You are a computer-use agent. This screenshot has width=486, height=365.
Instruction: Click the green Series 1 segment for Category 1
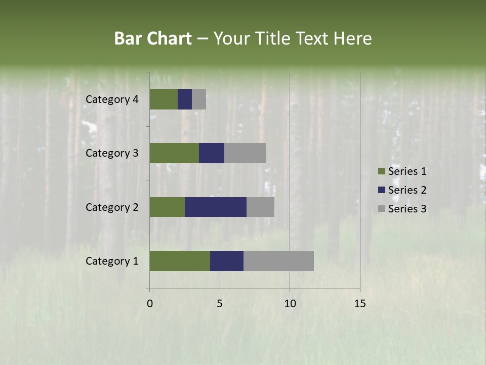tap(180, 261)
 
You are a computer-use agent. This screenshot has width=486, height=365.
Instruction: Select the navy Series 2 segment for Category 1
tap(227, 261)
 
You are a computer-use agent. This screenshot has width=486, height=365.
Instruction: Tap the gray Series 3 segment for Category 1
tap(278, 261)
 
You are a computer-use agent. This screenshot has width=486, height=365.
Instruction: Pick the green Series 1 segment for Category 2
tap(167, 207)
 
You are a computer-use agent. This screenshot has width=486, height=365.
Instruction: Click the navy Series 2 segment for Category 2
tap(216, 207)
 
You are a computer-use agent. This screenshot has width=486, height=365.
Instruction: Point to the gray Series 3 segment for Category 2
tap(260, 207)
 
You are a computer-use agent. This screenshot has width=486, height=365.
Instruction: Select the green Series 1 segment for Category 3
tap(174, 153)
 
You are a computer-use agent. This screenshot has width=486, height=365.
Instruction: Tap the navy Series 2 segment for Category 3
tap(212, 153)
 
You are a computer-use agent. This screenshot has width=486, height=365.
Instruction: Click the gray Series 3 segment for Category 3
tap(245, 153)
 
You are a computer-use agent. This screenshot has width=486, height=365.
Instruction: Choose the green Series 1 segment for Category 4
tap(164, 99)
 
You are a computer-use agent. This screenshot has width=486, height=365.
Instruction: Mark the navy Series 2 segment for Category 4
tap(185, 99)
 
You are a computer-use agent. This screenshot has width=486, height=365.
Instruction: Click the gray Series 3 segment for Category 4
tap(199, 99)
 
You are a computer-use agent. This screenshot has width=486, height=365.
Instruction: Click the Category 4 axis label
tap(112, 99)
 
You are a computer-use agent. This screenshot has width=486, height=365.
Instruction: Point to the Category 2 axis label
tap(112, 207)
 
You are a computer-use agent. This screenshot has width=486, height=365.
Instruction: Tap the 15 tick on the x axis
tap(359, 304)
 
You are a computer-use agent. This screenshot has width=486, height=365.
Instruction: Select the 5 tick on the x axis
tap(220, 304)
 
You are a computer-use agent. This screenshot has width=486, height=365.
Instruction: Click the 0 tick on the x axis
tap(150, 304)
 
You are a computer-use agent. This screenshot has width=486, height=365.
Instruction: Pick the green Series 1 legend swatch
tap(382, 171)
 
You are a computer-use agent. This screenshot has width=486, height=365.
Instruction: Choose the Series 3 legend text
tap(407, 208)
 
